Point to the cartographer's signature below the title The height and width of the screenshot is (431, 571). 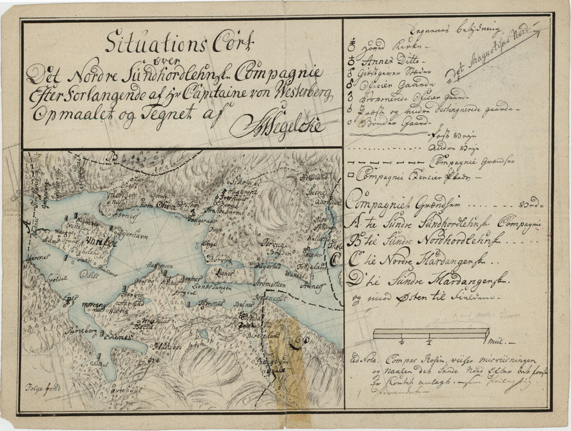point(278,127)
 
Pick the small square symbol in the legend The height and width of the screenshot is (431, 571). point(351,177)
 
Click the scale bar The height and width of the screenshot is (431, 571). point(431,333)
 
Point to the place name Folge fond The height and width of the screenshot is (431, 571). point(41,386)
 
